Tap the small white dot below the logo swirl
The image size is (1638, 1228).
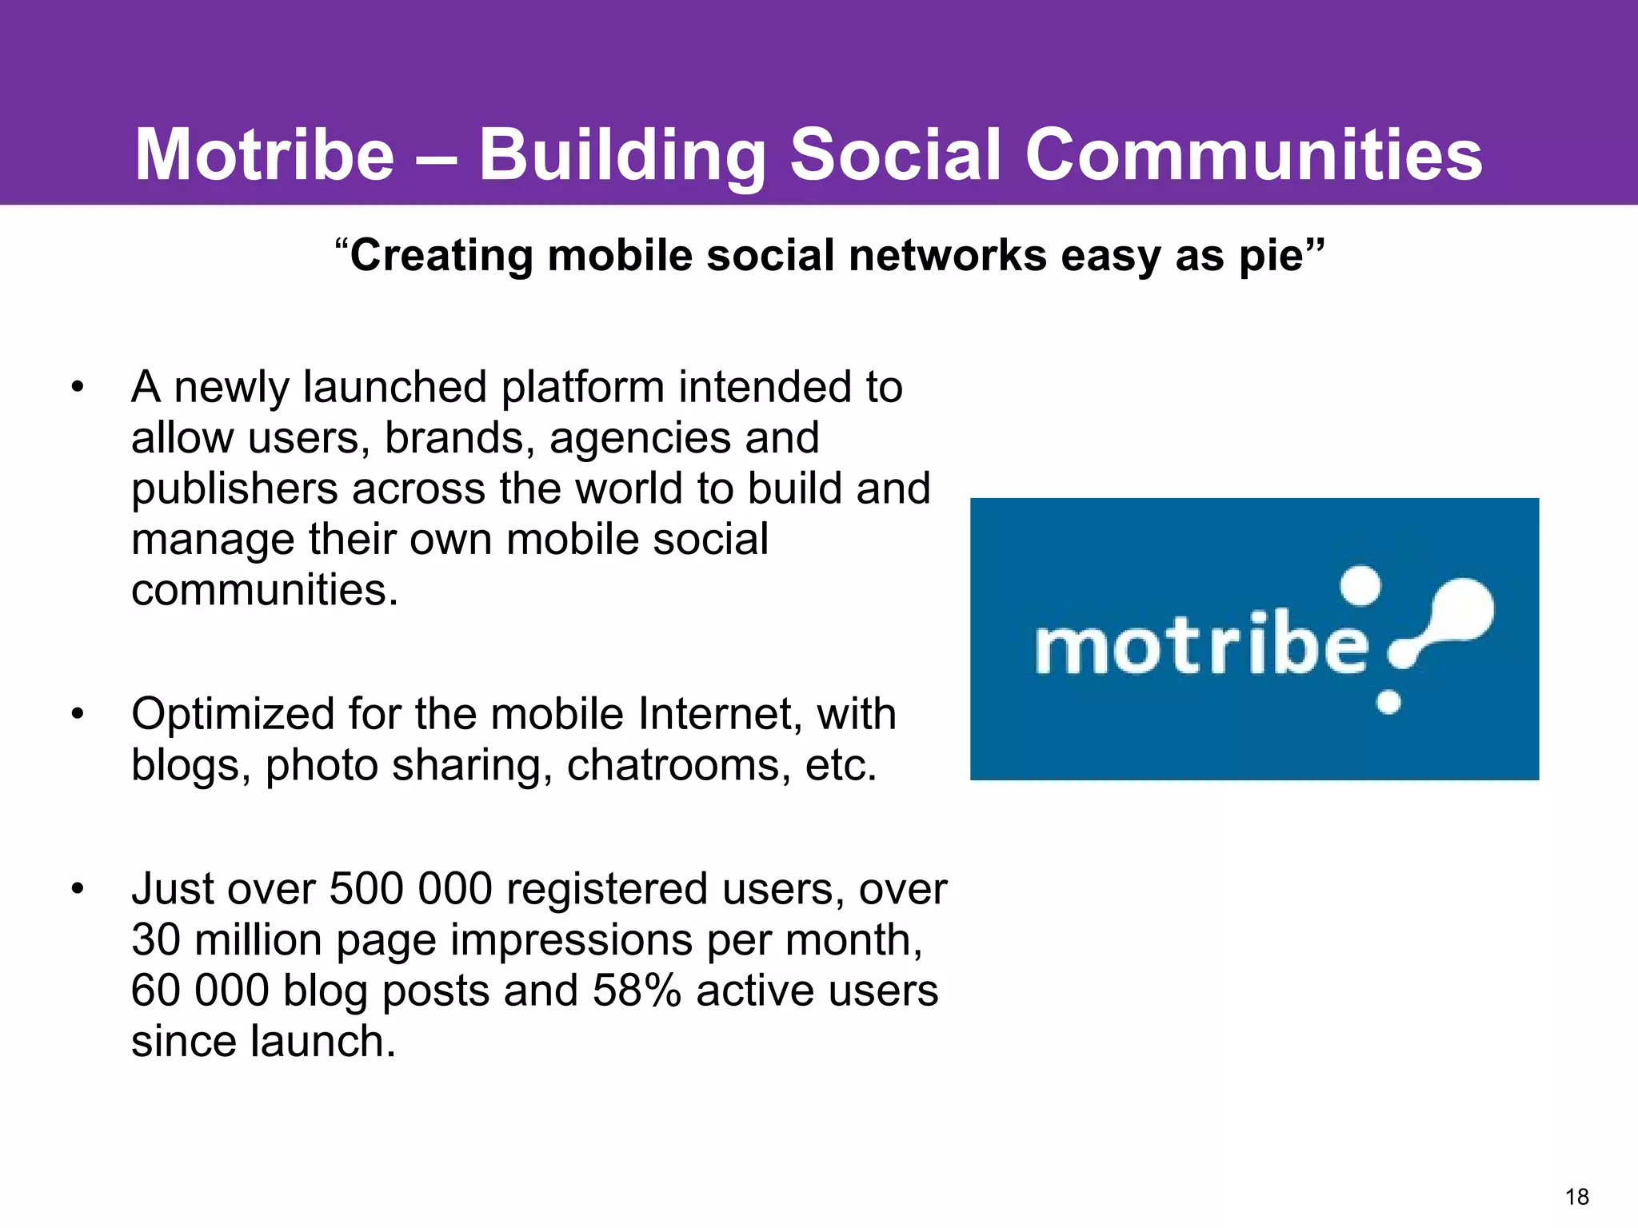tap(1388, 702)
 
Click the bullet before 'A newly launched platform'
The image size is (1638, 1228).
tap(77, 388)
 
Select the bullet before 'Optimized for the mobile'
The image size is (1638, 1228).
tap(77, 714)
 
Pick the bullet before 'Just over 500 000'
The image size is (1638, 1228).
tap(77, 889)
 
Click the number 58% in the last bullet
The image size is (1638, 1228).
tap(637, 991)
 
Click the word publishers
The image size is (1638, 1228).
tap(234, 490)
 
